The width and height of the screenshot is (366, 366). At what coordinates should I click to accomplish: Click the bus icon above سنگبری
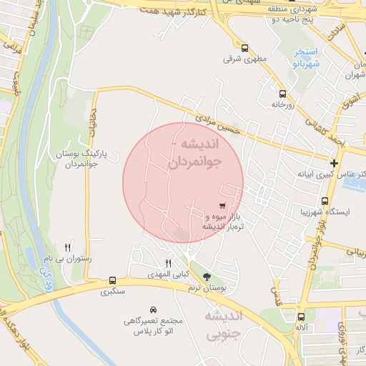112,280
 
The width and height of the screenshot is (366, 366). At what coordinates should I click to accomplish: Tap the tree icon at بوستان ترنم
207,276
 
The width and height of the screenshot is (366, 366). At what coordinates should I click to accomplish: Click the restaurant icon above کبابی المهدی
169,264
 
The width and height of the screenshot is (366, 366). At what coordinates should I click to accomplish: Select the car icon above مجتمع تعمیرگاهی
154,310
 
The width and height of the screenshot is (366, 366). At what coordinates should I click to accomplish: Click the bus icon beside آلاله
301,316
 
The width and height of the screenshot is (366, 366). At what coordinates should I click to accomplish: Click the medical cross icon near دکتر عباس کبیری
334,163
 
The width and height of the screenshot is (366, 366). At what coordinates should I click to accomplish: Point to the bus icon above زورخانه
282,94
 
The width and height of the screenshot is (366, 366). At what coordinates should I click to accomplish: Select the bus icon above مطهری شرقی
245,48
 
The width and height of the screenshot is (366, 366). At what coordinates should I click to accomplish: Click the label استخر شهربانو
306,58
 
